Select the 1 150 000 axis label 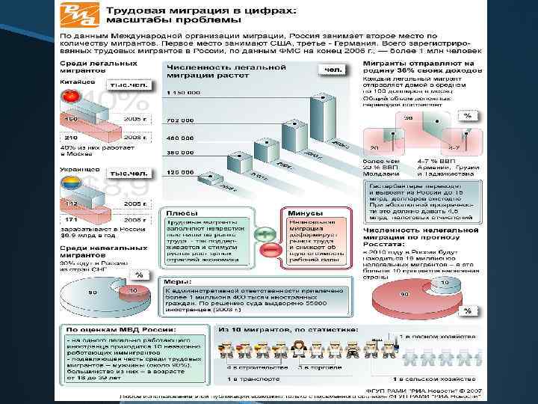point(180,92)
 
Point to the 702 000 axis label point(180,120)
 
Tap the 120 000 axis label point(180,171)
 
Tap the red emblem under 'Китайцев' point(69,96)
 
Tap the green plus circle point(265,235)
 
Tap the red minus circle point(265,249)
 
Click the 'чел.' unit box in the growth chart point(333,70)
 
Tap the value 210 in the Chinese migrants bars point(72,138)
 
